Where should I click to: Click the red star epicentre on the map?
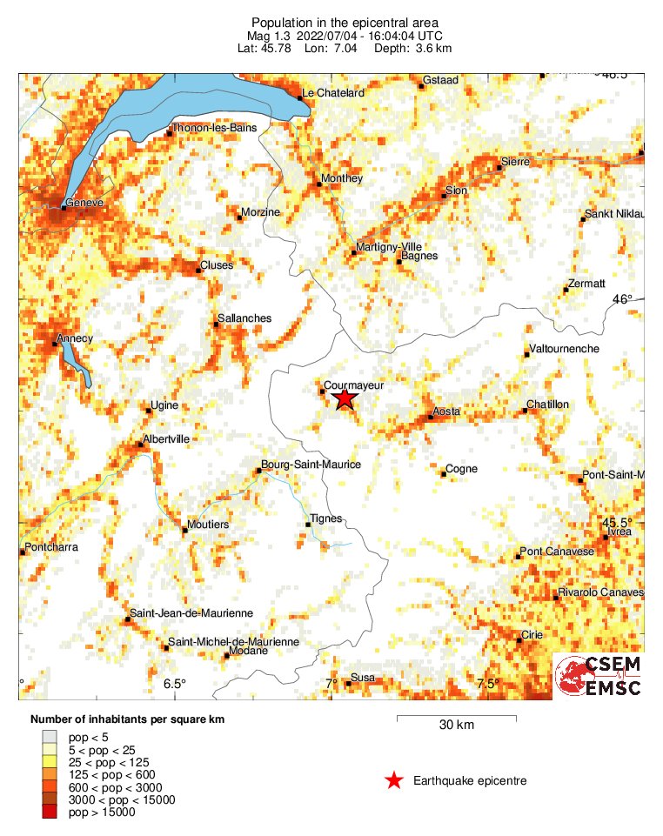pos(345,398)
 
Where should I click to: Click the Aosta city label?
pos(446,411)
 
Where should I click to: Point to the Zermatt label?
pos(585,284)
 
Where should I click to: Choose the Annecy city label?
pos(75,338)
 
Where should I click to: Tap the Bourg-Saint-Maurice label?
pos(311,465)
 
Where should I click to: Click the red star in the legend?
pos(394,780)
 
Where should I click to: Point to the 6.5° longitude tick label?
pos(175,684)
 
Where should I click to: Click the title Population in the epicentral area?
pos(345,22)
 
